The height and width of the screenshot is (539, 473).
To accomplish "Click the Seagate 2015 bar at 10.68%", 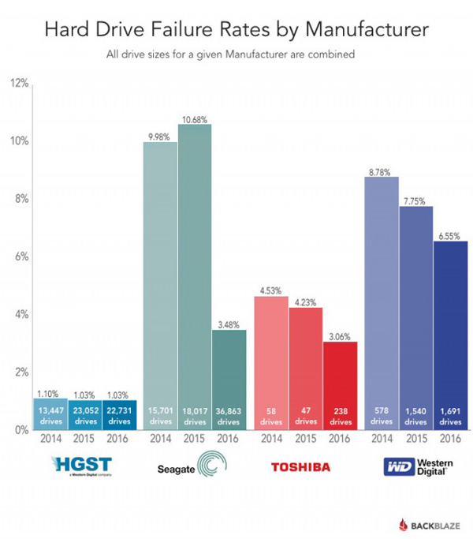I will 195,276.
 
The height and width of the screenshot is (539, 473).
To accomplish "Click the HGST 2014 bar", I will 49,414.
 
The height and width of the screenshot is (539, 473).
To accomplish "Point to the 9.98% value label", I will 160,136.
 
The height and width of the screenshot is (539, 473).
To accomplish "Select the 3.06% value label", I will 341,335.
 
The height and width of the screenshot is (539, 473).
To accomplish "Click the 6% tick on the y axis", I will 20,256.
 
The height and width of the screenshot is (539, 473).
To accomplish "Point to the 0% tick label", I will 20,431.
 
